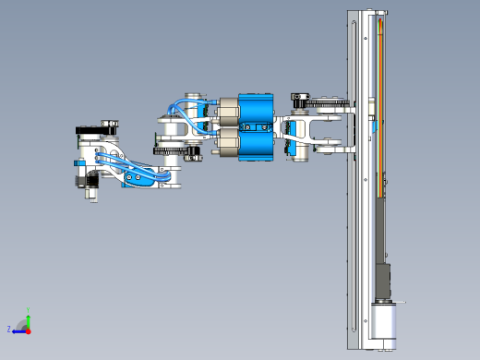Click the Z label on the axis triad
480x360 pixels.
[x=9, y=328]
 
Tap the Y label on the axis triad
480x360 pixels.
[x=29, y=311]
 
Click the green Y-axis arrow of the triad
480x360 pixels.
[x=28, y=320]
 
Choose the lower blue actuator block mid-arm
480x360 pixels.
[x=256, y=145]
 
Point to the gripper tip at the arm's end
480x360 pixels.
[x=90, y=194]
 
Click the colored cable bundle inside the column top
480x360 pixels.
[x=378, y=46]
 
